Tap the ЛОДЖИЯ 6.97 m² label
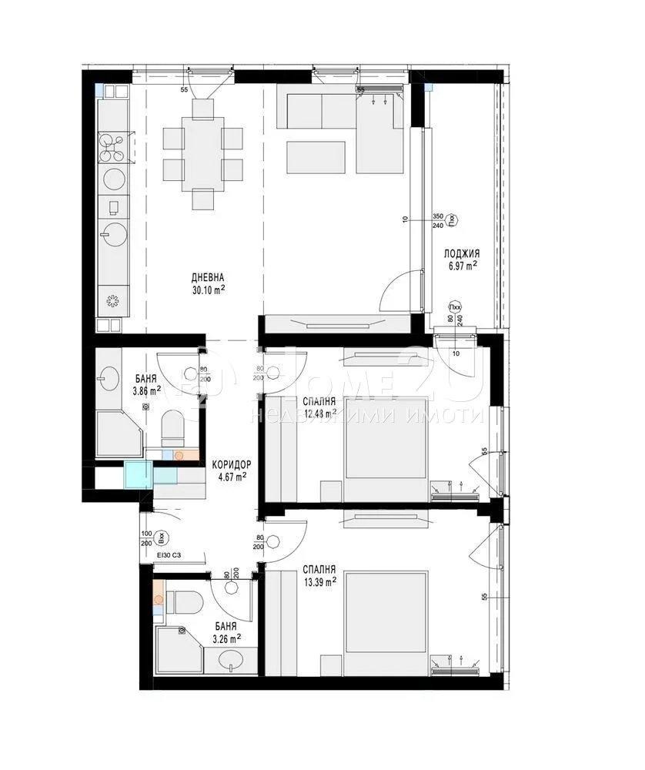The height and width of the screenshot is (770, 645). (x=462, y=259)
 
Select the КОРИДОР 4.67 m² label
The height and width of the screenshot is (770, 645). (x=230, y=470)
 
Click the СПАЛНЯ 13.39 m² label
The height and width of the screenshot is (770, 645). (x=319, y=574)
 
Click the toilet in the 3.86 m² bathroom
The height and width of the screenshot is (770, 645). (x=171, y=426)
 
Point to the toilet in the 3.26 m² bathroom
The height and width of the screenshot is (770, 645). (x=185, y=601)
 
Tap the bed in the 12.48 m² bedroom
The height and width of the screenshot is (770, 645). (x=386, y=439)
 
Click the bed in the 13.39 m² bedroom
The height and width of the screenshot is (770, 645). (x=386, y=612)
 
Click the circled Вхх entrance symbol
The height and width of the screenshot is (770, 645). (x=161, y=537)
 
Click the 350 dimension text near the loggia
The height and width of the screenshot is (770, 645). (x=438, y=216)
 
